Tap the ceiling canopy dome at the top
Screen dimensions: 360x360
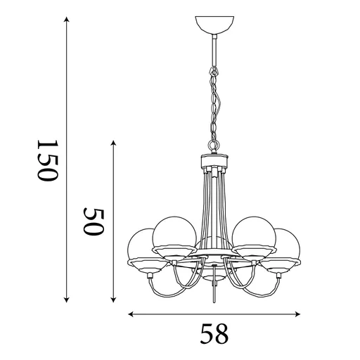pyautogui.click(x=212, y=25)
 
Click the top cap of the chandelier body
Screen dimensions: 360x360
pyautogui.click(x=212, y=157)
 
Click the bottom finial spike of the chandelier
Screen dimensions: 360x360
pyautogui.click(x=213, y=295)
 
